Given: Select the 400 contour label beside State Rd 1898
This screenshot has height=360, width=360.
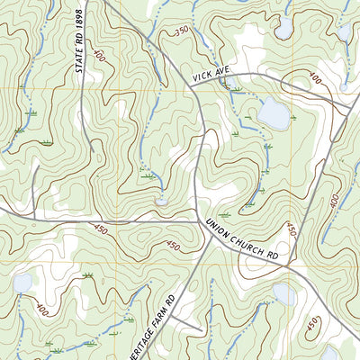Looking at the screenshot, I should click(97, 56).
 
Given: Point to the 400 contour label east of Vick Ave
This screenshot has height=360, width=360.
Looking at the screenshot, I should click(315, 80).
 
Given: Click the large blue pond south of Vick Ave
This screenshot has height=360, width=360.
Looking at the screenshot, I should click(273, 113).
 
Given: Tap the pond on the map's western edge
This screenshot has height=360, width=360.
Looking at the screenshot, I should click(22, 284).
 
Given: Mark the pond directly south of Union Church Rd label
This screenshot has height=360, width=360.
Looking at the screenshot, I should click(283, 294).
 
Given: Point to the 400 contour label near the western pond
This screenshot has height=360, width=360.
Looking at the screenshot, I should click(41, 309).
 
